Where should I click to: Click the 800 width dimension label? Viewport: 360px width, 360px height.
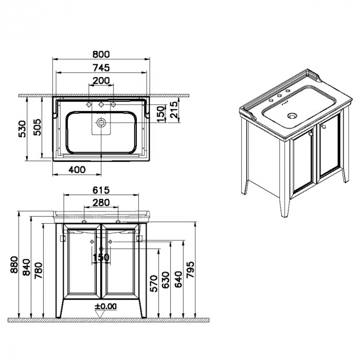click(101, 55)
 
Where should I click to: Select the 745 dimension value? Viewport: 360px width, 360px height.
click(101, 68)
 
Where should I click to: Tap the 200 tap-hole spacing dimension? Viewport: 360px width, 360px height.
click(101, 81)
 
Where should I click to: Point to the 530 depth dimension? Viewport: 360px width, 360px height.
click(23, 129)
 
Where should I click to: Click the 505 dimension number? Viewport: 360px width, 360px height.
click(37, 127)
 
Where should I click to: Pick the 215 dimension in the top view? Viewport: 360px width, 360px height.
click(174, 110)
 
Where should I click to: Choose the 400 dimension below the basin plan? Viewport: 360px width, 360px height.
click(77, 170)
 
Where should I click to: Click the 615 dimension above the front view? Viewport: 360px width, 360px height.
click(101, 190)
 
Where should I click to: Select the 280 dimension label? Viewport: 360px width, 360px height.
click(101, 203)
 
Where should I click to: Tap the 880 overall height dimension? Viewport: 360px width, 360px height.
click(14, 264)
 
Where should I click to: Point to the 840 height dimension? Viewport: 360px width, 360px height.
click(27, 267)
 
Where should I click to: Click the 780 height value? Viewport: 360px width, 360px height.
click(39, 270)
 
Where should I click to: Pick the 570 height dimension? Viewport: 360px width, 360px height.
click(154, 283)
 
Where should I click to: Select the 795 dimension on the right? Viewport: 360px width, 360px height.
click(190, 269)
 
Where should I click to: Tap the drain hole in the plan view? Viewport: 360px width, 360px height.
click(101, 123)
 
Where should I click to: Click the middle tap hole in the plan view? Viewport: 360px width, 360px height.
click(101, 105)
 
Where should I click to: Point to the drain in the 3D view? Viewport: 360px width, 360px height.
click(292, 116)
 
